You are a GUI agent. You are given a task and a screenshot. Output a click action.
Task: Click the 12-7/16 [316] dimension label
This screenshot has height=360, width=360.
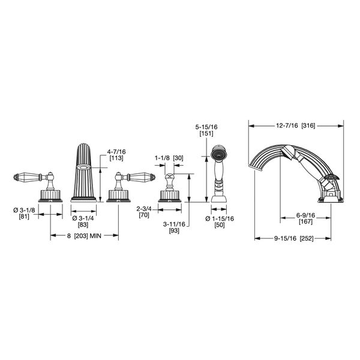(295, 125)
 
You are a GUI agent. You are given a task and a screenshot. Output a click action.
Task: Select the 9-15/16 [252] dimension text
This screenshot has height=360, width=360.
(293, 238)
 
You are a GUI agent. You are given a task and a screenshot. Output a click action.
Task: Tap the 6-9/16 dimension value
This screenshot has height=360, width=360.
(305, 215)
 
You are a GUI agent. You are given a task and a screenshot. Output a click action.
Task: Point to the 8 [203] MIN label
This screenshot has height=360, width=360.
(84, 236)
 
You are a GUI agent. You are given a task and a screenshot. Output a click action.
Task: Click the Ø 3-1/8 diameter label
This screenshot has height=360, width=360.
(24, 210)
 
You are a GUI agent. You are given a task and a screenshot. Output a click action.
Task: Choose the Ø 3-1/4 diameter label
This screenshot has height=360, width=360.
(83, 218)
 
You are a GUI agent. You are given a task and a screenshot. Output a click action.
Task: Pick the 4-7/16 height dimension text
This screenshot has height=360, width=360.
(116, 152)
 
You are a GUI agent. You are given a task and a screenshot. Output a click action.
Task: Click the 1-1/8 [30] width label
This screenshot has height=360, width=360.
(169, 158)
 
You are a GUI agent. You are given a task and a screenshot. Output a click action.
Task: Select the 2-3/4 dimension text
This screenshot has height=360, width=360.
(144, 209)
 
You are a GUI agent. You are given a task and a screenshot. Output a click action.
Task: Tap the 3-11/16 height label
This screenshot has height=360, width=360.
(174, 224)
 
